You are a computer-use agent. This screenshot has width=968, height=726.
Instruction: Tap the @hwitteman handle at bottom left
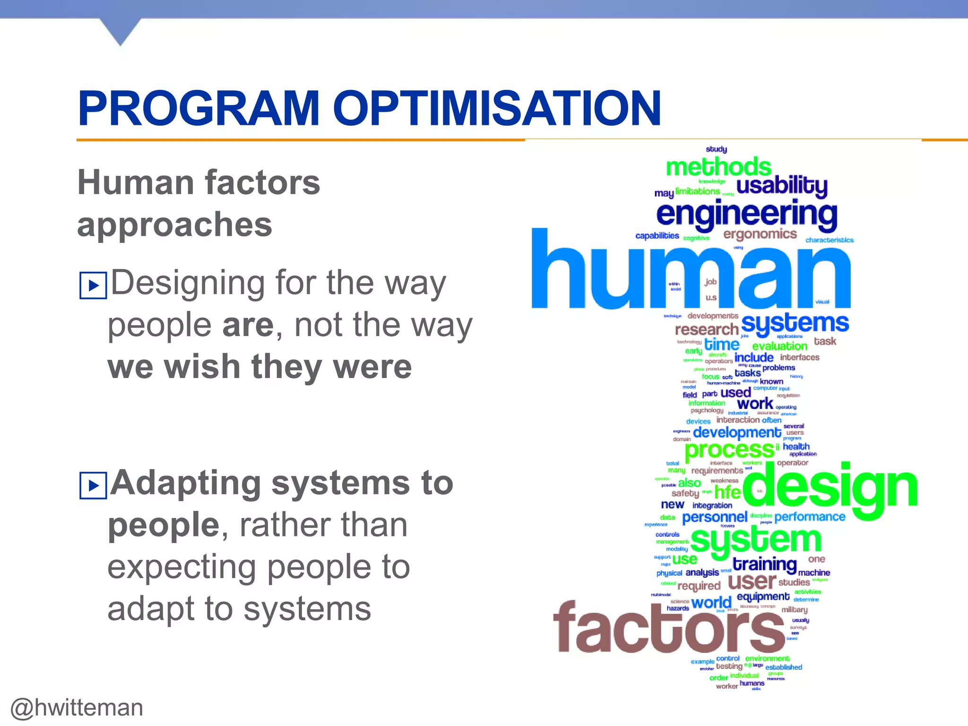pos(77,708)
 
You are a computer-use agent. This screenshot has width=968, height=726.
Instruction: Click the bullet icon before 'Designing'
pos(93,285)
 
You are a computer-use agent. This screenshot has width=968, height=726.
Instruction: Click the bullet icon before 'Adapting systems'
pos(93,485)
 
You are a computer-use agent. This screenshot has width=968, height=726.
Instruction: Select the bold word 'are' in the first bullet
pos(248,325)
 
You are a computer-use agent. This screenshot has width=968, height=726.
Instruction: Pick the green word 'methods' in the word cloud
pos(718,167)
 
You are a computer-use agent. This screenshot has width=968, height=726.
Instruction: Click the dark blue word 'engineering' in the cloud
pos(746,214)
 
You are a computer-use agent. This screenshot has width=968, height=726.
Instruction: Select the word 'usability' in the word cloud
pos(782,185)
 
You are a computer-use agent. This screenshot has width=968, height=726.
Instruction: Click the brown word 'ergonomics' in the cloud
pos(760,234)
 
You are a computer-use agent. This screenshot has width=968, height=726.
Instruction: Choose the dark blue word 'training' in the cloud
pos(764,564)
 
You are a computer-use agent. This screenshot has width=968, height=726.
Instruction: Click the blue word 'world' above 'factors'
pos(711,603)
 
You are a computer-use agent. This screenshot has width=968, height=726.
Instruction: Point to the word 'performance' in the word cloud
pos(809,517)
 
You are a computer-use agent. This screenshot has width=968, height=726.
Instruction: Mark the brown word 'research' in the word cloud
pos(706,329)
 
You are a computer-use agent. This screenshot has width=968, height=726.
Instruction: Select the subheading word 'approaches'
pos(175,225)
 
